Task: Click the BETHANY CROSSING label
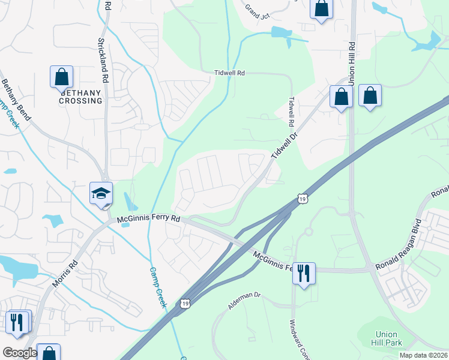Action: tap(80, 97)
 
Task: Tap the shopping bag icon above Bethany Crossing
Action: tap(61, 77)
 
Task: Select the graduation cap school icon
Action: tap(101, 193)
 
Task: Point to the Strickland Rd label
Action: tap(103, 61)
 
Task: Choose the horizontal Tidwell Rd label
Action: tap(230, 73)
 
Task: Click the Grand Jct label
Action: tap(257, 10)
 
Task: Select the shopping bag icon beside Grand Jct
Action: tap(321, 8)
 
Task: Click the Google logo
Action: tap(20, 353)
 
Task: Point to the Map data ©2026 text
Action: tap(423, 355)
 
